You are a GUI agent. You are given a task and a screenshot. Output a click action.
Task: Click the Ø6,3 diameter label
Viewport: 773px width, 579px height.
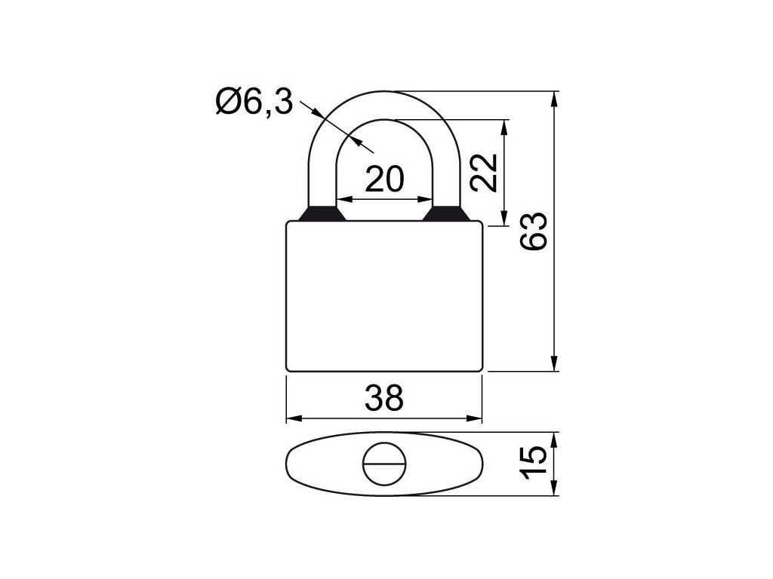(x=254, y=103)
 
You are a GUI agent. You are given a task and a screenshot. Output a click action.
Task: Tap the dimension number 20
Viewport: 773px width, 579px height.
(x=384, y=179)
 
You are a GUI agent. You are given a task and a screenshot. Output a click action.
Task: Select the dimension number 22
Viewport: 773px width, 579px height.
(x=483, y=173)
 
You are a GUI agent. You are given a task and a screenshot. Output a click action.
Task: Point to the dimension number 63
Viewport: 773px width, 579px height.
(x=534, y=231)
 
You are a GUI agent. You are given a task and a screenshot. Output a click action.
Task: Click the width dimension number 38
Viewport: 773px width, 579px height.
(x=384, y=398)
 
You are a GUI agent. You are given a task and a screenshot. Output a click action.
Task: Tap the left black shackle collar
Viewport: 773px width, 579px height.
(x=322, y=213)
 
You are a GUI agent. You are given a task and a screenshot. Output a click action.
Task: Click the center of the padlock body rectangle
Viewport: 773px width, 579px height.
(x=384, y=296)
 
